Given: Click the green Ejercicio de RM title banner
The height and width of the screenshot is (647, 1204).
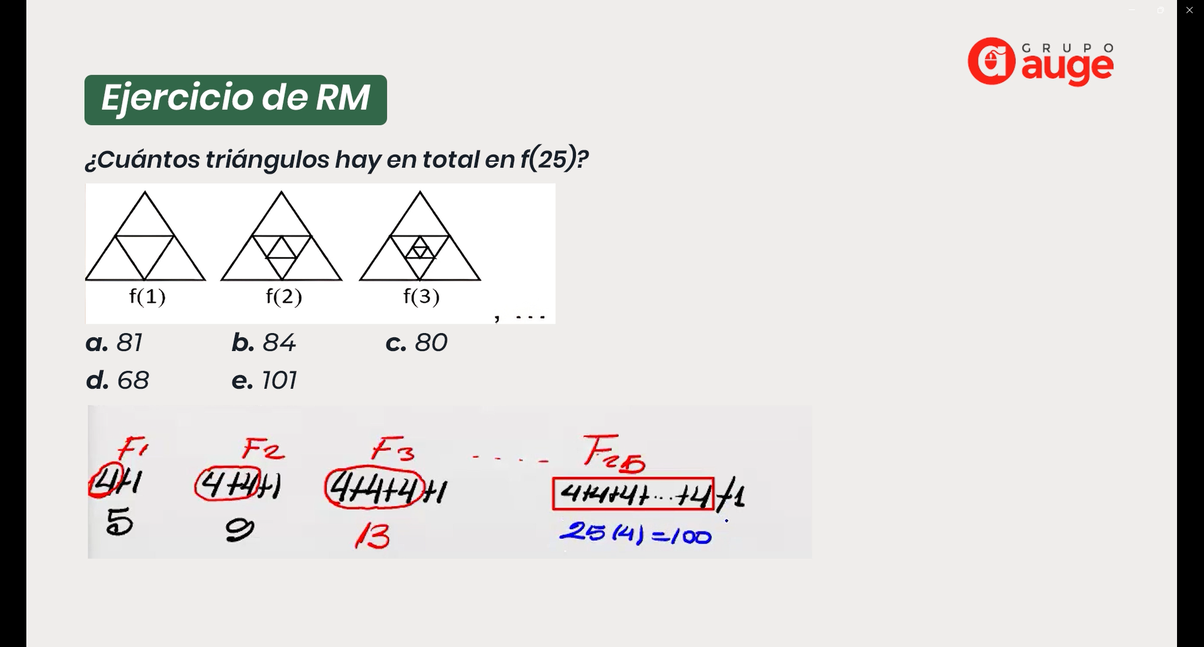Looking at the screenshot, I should pyautogui.click(x=235, y=100).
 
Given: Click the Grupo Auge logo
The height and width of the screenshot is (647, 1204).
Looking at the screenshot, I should pyautogui.click(x=1041, y=62).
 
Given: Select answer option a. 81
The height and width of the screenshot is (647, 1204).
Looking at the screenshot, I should pyautogui.click(x=114, y=343).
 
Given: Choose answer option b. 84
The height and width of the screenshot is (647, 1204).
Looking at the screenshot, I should pyautogui.click(x=263, y=343).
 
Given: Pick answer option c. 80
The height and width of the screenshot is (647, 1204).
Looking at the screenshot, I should pyautogui.click(x=416, y=343).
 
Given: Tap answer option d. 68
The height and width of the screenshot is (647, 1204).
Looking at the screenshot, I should pyautogui.click(x=117, y=381).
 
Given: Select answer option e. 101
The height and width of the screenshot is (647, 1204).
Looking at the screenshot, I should pyautogui.click(x=264, y=381).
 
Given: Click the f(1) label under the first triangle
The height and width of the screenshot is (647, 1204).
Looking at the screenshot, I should pyautogui.click(x=147, y=296).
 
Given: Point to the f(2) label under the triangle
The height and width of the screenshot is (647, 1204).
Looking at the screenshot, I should pyautogui.click(x=284, y=296).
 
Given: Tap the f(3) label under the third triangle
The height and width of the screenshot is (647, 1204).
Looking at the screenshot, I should pyautogui.click(x=421, y=296).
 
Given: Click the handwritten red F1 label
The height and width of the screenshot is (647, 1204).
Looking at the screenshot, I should pyautogui.click(x=132, y=448).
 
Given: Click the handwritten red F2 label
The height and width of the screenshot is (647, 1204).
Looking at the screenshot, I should pyautogui.click(x=263, y=449).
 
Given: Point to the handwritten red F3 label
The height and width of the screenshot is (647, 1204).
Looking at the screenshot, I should pyautogui.click(x=393, y=450).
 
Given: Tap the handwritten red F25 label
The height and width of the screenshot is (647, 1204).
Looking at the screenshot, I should pyautogui.click(x=613, y=453).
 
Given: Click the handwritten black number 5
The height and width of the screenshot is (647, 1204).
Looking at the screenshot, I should pyautogui.click(x=119, y=522).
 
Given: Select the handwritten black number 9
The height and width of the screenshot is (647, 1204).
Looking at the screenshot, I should pyautogui.click(x=240, y=530).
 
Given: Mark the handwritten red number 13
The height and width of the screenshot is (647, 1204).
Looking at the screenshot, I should pyautogui.click(x=373, y=537).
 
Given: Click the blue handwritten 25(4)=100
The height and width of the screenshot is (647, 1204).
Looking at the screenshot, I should pyautogui.click(x=635, y=534).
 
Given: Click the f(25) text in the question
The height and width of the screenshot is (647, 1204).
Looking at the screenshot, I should pyautogui.click(x=547, y=159).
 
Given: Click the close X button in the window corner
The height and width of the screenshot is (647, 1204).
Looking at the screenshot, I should pyautogui.click(x=1190, y=10).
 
